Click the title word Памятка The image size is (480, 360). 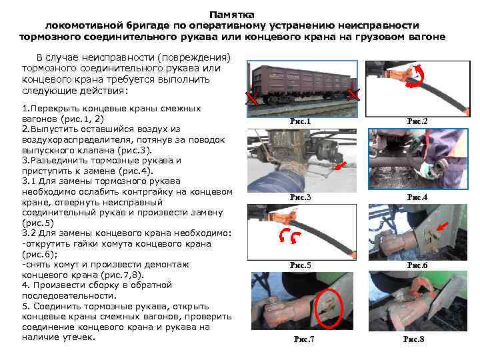[232, 15]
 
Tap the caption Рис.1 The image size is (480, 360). [300, 121]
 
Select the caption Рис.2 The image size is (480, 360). [417, 121]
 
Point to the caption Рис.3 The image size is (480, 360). [300, 197]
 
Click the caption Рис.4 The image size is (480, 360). [417, 197]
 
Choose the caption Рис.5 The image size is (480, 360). [300, 265]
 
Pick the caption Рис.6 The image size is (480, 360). [417, 265]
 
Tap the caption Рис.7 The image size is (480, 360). [304, 339]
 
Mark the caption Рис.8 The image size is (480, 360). [413, 339]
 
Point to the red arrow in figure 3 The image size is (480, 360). [341, 165]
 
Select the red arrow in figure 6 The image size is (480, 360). [442, 227]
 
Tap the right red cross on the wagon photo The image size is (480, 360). [353, 95]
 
